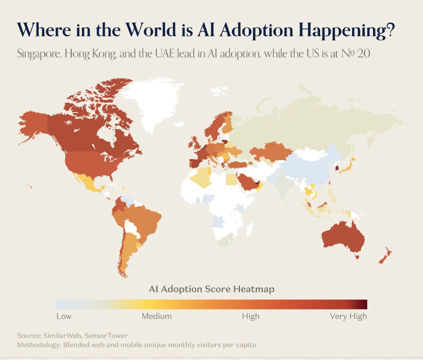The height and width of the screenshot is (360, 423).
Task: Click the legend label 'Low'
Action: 64,316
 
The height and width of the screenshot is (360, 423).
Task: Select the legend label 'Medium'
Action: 156,316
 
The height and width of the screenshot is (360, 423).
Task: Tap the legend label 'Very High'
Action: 348,316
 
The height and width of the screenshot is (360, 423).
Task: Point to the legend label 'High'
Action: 251,316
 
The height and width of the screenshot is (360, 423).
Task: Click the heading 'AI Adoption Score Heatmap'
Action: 211,289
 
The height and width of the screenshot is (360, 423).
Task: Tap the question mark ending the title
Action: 389,30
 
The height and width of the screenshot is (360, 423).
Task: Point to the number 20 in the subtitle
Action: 363,54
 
